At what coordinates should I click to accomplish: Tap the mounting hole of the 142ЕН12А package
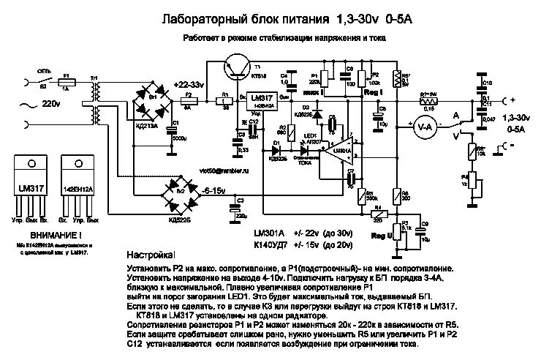(x=77, y=162)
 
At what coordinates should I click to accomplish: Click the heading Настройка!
(x=151, y=258)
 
